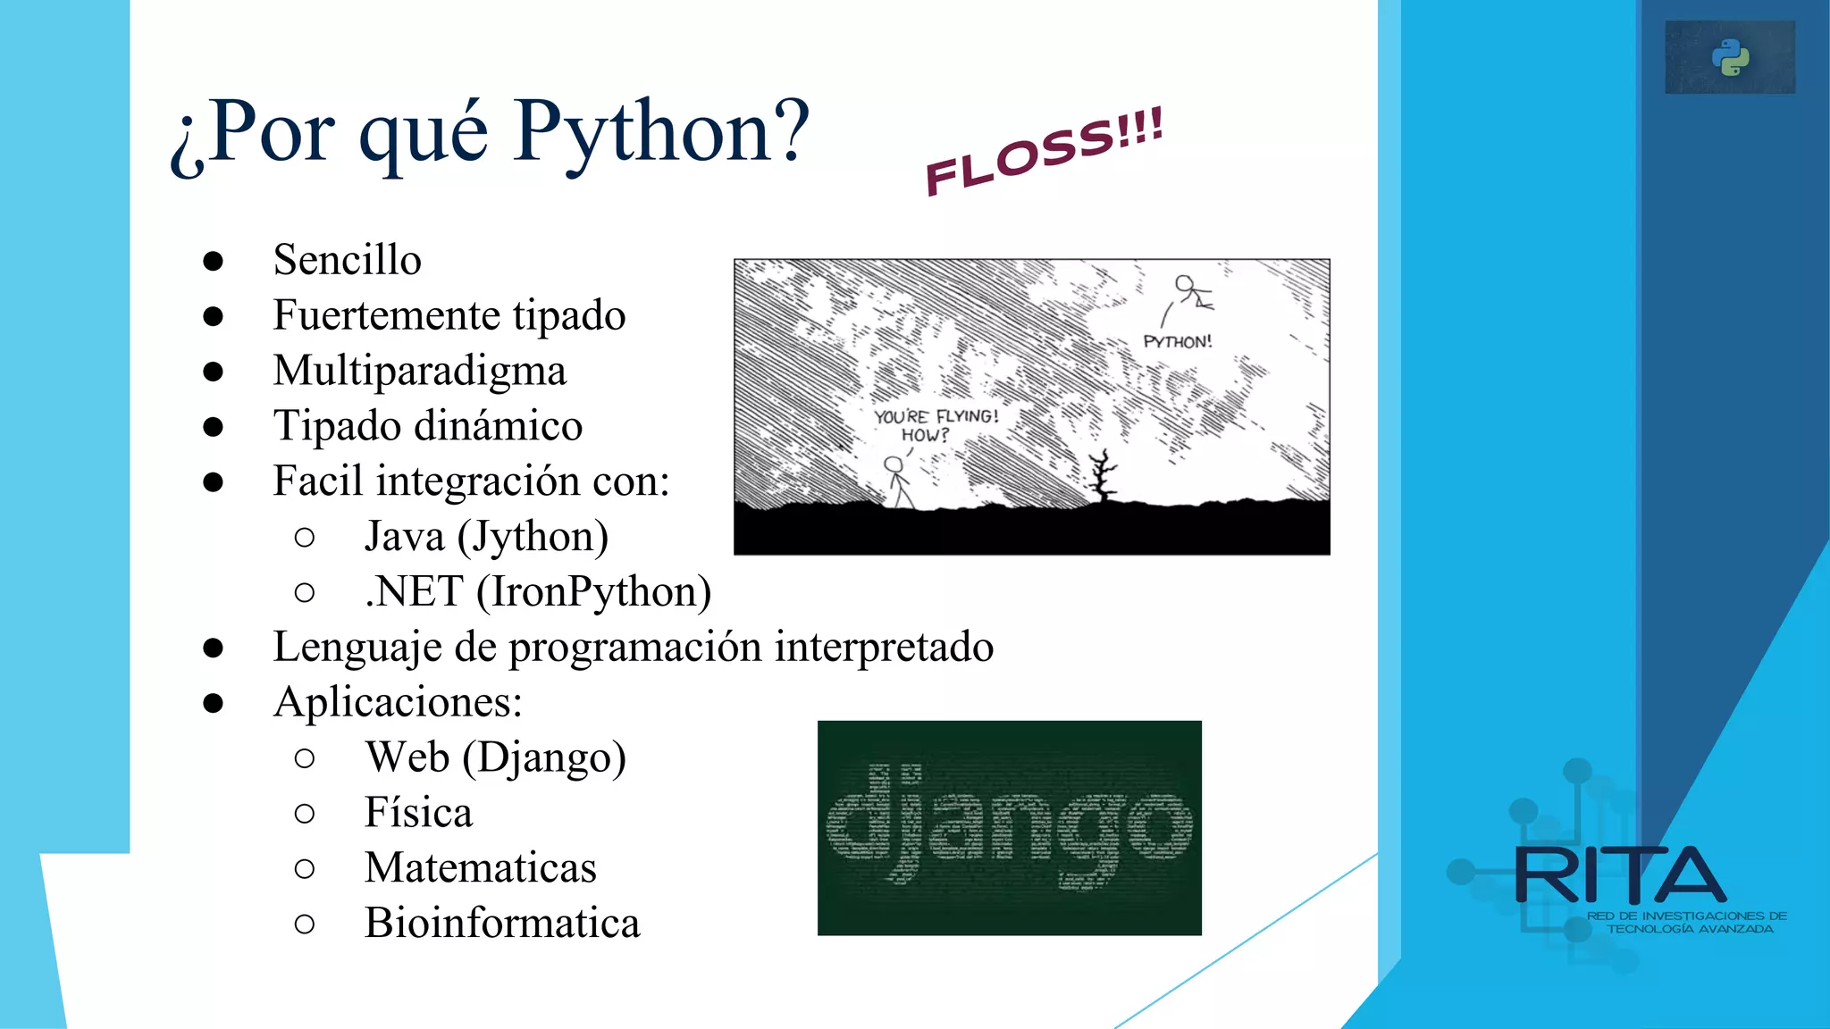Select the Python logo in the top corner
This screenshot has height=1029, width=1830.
click(x=1731, y=58)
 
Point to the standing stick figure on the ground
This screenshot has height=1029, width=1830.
click(x=897, y=483)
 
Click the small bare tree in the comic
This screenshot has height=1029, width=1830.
click(x=1104, y=476)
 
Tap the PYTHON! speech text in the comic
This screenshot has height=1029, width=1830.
click(x=1178, y=342)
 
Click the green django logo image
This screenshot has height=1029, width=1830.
click(x=1009, y=828)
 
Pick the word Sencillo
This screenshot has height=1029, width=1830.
click(x=347, y=260)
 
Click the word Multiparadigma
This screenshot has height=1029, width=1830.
click(x=419, y=371)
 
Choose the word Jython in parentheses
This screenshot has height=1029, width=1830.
click(x=533, y=537)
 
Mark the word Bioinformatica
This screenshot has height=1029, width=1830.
click(x=502, y=923)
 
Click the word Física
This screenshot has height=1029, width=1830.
click(x=418, y=813)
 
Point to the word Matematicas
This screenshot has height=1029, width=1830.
click(x=480, y=868)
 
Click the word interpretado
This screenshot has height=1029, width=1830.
click(x=884, y=647)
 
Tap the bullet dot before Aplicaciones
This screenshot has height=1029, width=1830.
click(x=213, y=703)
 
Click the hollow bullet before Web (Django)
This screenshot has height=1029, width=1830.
click(x=304, y=758)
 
